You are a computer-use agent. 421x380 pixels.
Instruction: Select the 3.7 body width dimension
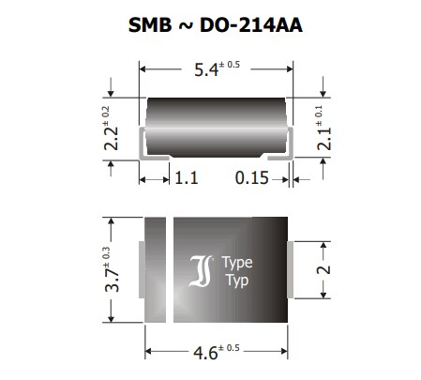point(112,267)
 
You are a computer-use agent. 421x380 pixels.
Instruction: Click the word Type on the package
point(237,263)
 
